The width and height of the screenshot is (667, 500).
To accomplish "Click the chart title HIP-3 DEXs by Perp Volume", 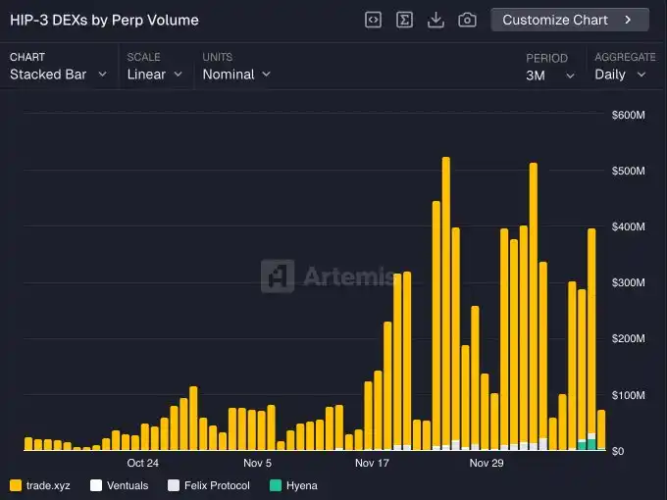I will pos(104,20).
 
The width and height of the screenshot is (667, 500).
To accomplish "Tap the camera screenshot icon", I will pos(467,20).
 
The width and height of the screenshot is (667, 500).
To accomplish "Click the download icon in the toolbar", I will pos(436,20).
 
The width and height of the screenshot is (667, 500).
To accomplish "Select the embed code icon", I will pos(373,20).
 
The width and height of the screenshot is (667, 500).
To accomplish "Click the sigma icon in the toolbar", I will pos(404,20).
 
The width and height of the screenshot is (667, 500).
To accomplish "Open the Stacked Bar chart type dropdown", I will pos(58,75).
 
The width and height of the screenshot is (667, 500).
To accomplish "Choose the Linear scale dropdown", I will pos(155,75).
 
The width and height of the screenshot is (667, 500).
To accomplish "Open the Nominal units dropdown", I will pos(236,75).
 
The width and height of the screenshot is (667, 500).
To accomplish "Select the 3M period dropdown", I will pos(550,75).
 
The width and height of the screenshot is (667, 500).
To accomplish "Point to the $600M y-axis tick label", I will pos(628,116).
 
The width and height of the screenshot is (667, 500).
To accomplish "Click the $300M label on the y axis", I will pos(628,283).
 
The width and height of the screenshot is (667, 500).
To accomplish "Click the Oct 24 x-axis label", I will pos(142,463).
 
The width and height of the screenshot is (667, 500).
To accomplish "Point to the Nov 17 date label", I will pos(372,463).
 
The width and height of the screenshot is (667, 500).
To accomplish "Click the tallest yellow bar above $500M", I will pos(446,294).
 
